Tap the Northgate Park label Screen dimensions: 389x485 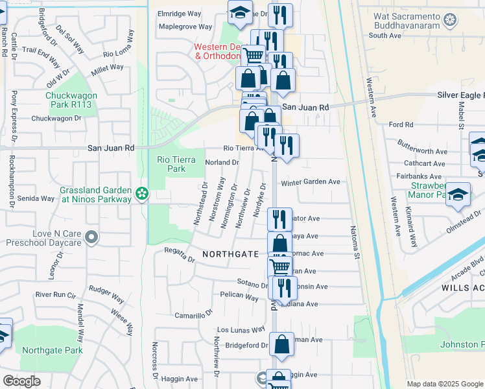click(x=52, y=350)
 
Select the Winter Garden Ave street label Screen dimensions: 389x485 click(x=311, y=182)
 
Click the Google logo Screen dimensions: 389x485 click(x=22, y=381)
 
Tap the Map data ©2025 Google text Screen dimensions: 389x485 click(x=444, y=384)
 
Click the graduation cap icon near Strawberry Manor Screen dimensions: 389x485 click(x=458, y=194)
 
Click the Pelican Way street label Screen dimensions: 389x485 click(x=239, y=296)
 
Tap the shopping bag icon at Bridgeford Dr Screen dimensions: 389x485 click(x=281, y=346)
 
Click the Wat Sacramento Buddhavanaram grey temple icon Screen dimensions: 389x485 click(x=450, y=21)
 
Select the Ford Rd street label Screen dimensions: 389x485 click(x=401, y=124)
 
